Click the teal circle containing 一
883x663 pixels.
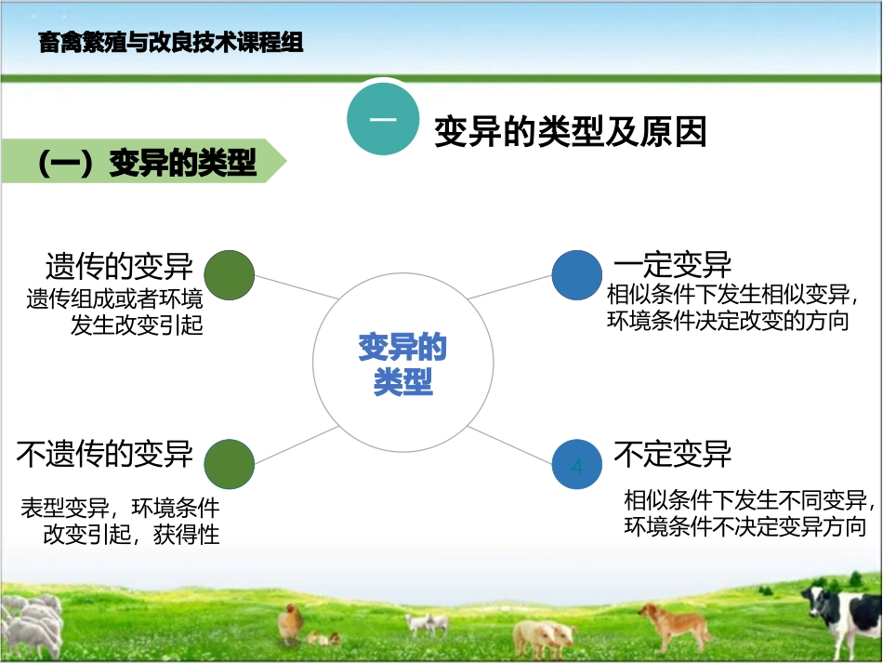point(383,121)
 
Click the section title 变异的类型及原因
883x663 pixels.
point(571,132)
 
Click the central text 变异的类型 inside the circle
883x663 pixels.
point(402,365)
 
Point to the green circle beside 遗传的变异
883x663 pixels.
point(229,275)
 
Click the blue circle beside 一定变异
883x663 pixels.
point(577,275)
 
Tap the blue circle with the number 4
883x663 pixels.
point(577,465)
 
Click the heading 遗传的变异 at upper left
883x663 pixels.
point(119,266)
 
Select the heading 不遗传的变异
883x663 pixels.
point(105,454)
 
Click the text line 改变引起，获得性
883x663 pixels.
point(131,535)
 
